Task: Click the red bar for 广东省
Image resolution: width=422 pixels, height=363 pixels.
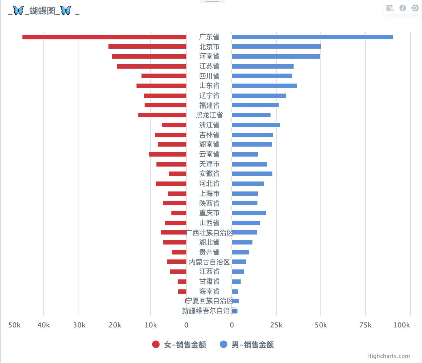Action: (104, 37)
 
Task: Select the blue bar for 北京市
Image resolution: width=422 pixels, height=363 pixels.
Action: (276, 46)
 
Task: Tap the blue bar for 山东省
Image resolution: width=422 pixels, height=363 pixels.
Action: (264, 86)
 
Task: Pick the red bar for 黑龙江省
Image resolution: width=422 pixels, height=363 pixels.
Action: (162, 115)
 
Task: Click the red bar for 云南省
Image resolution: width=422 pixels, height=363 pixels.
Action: (168, 154)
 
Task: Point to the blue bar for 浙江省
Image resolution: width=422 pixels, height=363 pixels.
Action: (256, 125)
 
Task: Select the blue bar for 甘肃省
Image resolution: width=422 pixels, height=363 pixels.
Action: (236, 282)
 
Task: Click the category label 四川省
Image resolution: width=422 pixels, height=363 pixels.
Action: (209, 76)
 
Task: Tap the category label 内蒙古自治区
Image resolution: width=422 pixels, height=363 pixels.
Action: (209, 262)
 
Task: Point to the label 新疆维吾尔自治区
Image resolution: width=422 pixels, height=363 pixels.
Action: (209, 311)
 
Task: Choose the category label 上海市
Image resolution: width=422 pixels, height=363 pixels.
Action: (209, 193)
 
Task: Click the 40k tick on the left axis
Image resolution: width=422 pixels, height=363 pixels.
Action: (44, 325)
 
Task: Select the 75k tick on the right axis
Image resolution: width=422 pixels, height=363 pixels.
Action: (365, 325)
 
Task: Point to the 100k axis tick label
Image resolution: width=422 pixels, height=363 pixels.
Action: (401, 325)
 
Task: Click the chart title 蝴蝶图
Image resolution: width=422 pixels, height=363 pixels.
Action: (42, 11)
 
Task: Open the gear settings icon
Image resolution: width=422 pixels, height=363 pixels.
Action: (415, 8)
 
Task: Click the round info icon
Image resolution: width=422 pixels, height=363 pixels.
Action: (403, 8)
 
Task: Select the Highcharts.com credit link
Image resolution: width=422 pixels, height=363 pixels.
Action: (388, 356)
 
